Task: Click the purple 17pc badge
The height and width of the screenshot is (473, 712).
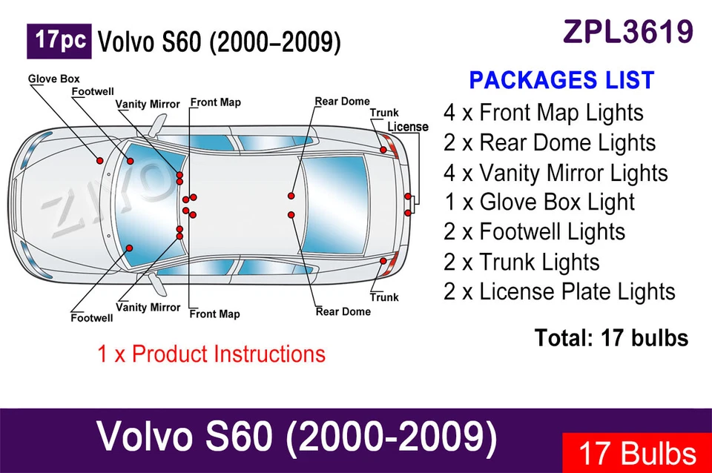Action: click(59, 42)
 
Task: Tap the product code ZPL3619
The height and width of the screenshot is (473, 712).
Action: click(628, 32)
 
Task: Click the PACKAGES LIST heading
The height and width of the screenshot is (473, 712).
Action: click(561, 80)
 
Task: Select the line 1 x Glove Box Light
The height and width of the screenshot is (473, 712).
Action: click(539, 202)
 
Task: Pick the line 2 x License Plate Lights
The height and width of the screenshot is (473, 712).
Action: click(559, 291)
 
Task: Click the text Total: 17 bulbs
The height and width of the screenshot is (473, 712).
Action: click(611, 338)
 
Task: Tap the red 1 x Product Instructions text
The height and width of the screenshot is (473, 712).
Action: click(211, 354)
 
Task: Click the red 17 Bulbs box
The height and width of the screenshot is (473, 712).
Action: click(637, 453)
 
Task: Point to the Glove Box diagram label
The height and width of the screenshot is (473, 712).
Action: click(53, 79)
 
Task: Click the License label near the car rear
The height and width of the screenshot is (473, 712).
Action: click(408, 127)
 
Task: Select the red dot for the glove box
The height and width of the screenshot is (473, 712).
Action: click(100, 161)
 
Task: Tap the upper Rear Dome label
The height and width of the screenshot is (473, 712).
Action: click(343, 102)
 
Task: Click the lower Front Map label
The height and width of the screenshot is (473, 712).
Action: click(215, 314)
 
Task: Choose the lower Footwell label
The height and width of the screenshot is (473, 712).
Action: click(92, 318)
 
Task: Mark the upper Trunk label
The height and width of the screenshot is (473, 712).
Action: click(384, 113)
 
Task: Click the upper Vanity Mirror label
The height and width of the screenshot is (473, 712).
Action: click(148, 105)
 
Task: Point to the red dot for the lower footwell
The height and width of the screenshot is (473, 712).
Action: click(129, 248)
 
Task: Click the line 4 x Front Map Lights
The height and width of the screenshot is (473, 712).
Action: click(544, 113)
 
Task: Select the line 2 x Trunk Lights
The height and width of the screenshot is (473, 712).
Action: click(521, 262)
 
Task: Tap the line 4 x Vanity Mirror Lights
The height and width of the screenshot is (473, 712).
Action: click(556, 173)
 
